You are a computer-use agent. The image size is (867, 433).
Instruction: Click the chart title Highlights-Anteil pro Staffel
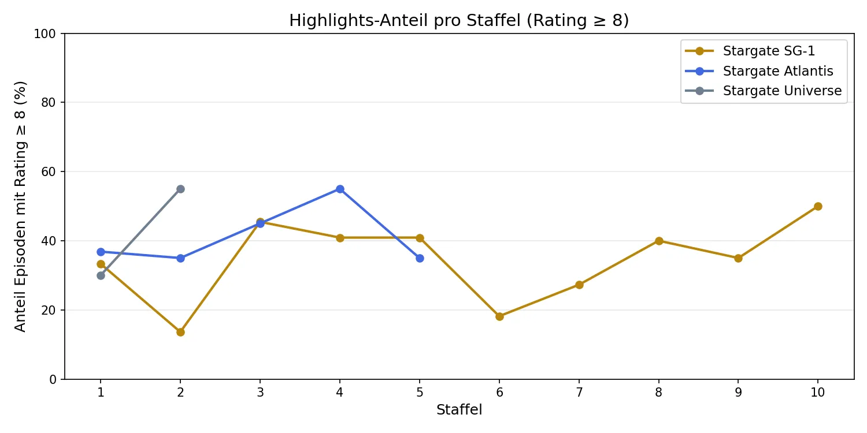point(459,21)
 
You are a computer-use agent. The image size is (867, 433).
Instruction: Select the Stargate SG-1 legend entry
point(769,51)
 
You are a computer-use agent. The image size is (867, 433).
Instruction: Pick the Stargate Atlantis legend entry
point(778,71)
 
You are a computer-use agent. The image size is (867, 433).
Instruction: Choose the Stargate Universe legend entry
point(782,91)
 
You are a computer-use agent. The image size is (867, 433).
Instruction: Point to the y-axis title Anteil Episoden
point(21,206)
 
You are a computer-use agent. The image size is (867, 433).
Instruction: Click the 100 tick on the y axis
point(49,33)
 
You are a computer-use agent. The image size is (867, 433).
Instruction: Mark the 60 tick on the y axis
point(51,171)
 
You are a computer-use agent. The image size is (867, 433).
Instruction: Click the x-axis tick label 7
point(579,393)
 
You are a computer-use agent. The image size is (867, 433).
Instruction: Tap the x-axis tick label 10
point(818,393)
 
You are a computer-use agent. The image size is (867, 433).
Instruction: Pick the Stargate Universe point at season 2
point(180,189)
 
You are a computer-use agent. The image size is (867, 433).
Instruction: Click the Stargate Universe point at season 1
point(101,275)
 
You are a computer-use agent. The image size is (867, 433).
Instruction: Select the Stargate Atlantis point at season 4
point(340,189)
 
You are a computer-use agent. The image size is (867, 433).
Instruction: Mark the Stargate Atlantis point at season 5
point(420,258)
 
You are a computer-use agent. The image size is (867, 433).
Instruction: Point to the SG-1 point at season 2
point(180,332)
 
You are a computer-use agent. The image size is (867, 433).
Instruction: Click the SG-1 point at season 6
point(499,316)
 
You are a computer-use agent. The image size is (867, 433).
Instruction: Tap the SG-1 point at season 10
point(818,206)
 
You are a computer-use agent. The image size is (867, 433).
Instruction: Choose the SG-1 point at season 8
point(659,241)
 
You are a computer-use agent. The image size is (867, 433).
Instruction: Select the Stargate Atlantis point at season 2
point(180,258)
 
